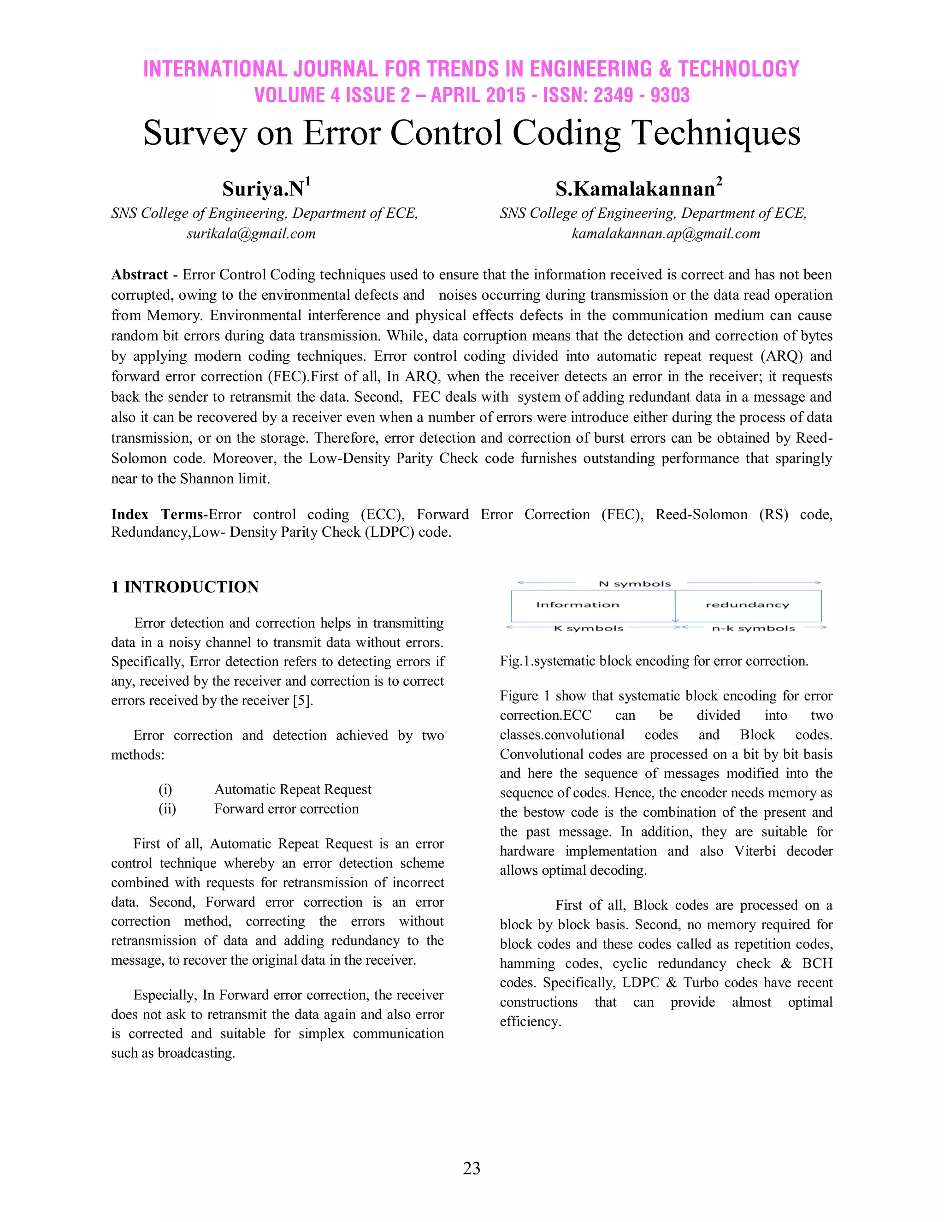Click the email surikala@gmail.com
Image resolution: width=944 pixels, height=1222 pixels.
click(251, 233)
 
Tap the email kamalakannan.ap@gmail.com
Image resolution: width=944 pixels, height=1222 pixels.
click(666, 233)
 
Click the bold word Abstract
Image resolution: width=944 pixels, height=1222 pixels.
click(139, 275)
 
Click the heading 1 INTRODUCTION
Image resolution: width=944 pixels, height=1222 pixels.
click(185, 587)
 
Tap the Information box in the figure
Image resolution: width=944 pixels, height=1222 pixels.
click(578, 605)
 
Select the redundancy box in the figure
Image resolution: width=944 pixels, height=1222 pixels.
click(747, 605)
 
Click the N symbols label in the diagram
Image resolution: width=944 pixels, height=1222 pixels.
click(634, 584)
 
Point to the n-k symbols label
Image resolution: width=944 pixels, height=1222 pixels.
click(753, 629)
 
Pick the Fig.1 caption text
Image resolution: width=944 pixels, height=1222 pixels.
click(654, 661)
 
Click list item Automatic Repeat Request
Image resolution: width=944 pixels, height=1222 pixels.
click(293, 789)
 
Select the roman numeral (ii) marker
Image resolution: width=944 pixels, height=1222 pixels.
click(167, 809)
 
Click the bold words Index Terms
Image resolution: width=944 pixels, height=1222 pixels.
click(157, 515)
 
